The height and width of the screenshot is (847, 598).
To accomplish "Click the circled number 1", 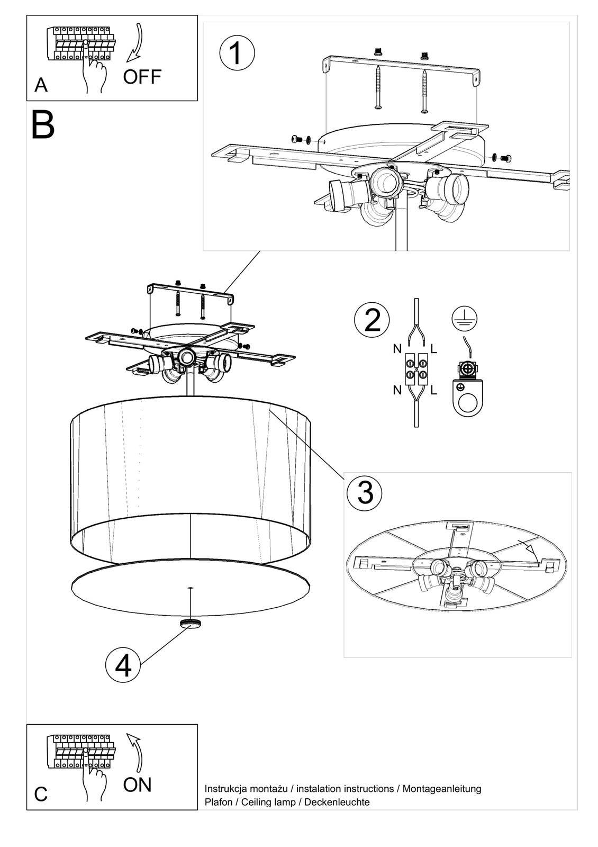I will point(237,53).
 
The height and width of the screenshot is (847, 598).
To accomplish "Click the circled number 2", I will point(372,320).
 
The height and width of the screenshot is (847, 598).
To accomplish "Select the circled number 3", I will point(365,492).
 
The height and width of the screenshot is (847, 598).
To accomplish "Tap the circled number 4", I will point(123,665).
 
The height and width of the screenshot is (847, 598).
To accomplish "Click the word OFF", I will point(142,77).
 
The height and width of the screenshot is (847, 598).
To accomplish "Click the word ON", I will point(138,785).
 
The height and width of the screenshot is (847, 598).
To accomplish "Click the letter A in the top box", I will point(41,85).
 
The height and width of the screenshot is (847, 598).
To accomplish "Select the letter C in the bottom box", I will point(41,795).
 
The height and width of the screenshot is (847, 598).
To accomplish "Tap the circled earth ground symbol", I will point(465,318).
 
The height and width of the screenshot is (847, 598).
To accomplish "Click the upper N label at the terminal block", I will point(397,349).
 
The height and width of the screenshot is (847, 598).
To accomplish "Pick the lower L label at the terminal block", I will point(433,391).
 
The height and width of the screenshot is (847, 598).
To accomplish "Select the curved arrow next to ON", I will point(136,751).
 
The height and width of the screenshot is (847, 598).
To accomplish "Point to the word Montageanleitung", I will point(442,789).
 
